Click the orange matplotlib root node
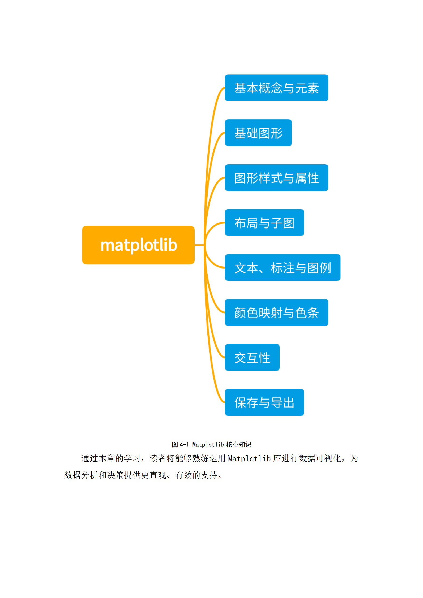tap(138, 245)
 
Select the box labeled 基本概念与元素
tap(276, 88)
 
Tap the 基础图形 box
tap(258, 133)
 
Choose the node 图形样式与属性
tap(276, 178)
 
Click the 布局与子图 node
tap(264, 222)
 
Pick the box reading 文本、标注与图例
tap(283, 267)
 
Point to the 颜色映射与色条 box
tap(276, 312)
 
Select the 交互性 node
tap(252, 357)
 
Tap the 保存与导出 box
tap(264, 402)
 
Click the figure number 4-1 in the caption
tap(184, 445)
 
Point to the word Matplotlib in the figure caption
tap(208, 445)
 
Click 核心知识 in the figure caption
tap(239, 445)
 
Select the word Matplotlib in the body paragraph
tap(249, 458)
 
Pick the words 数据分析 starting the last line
tap(81, 475)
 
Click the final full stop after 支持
tap(220, 476)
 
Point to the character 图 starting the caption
tap(175, 445)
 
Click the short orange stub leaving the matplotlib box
tap(199, 245)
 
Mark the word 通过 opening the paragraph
tap(90, 458)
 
